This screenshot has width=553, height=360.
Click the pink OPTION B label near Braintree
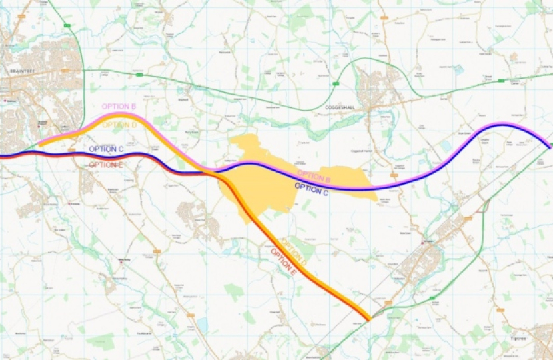tap(119, 107)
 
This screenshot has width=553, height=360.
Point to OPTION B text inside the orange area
tap(314, 176)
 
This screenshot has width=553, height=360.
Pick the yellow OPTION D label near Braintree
tap(120, 125)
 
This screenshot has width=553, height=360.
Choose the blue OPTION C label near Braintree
tap(106, 149)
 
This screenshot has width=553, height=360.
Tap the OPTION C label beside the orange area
tap(312, 189)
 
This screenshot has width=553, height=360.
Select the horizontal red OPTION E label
tap(106, 165)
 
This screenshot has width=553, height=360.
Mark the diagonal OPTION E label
tap(283, 263)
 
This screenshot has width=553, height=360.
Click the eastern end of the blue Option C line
tap(550, 146)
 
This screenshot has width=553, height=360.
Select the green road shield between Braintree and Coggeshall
tap(139, 75)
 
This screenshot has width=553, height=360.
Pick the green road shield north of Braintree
tap(67, 25)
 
